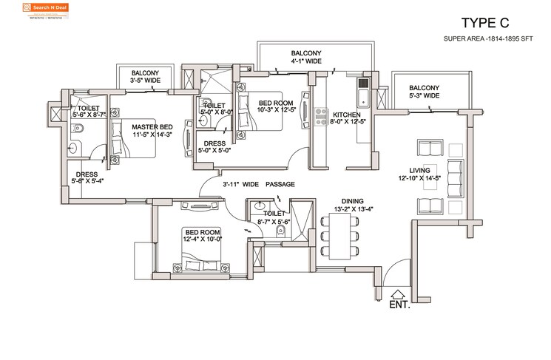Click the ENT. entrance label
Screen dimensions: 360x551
399,303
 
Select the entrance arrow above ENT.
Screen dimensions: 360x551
398,292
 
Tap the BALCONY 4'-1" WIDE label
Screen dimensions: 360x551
305,58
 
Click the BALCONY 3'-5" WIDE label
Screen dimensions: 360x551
145,77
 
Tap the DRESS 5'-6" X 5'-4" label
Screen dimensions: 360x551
87,177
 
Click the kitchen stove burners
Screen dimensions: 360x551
322,116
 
